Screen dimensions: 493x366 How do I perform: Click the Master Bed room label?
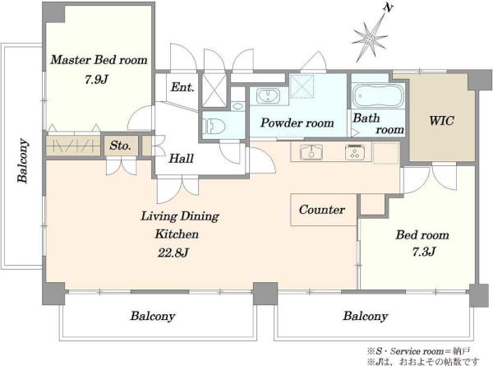99,60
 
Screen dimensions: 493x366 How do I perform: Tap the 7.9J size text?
96,80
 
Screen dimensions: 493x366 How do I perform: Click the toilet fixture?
214,126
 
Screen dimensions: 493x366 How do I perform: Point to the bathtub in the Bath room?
378,95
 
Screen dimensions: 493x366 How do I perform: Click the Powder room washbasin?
268,95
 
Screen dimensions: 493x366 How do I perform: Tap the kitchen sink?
311,152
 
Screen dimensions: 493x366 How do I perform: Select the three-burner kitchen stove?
355,152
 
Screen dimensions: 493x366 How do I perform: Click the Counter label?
322,210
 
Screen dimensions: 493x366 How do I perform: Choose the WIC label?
441,121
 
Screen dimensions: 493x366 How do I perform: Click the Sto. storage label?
120,146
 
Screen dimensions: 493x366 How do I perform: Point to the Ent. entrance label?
182,87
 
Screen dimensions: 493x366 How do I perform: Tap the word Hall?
181,158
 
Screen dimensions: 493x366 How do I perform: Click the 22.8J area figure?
173,252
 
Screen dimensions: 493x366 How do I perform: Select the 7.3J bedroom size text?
424,252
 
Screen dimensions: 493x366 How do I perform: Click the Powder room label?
297,123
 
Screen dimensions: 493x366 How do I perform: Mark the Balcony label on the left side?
23,160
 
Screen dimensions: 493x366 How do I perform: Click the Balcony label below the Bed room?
365,316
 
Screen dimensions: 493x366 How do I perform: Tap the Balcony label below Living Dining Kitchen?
153,316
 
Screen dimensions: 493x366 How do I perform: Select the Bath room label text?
378,123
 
